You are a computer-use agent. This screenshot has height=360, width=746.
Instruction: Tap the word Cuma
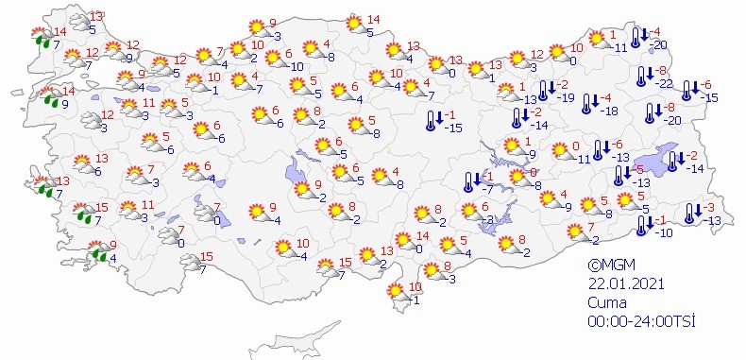[x=607, y=302]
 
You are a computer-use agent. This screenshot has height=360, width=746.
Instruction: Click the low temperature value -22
[x=667, y=84]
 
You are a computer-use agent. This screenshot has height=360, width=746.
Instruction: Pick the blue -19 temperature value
[x=567, y=97]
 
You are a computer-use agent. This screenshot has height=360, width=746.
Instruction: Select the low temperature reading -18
[x=610, y=111]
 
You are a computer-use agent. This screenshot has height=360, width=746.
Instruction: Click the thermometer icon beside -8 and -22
[x=644, y=77]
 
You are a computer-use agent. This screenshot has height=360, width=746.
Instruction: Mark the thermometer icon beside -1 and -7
[x=469, y=181]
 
